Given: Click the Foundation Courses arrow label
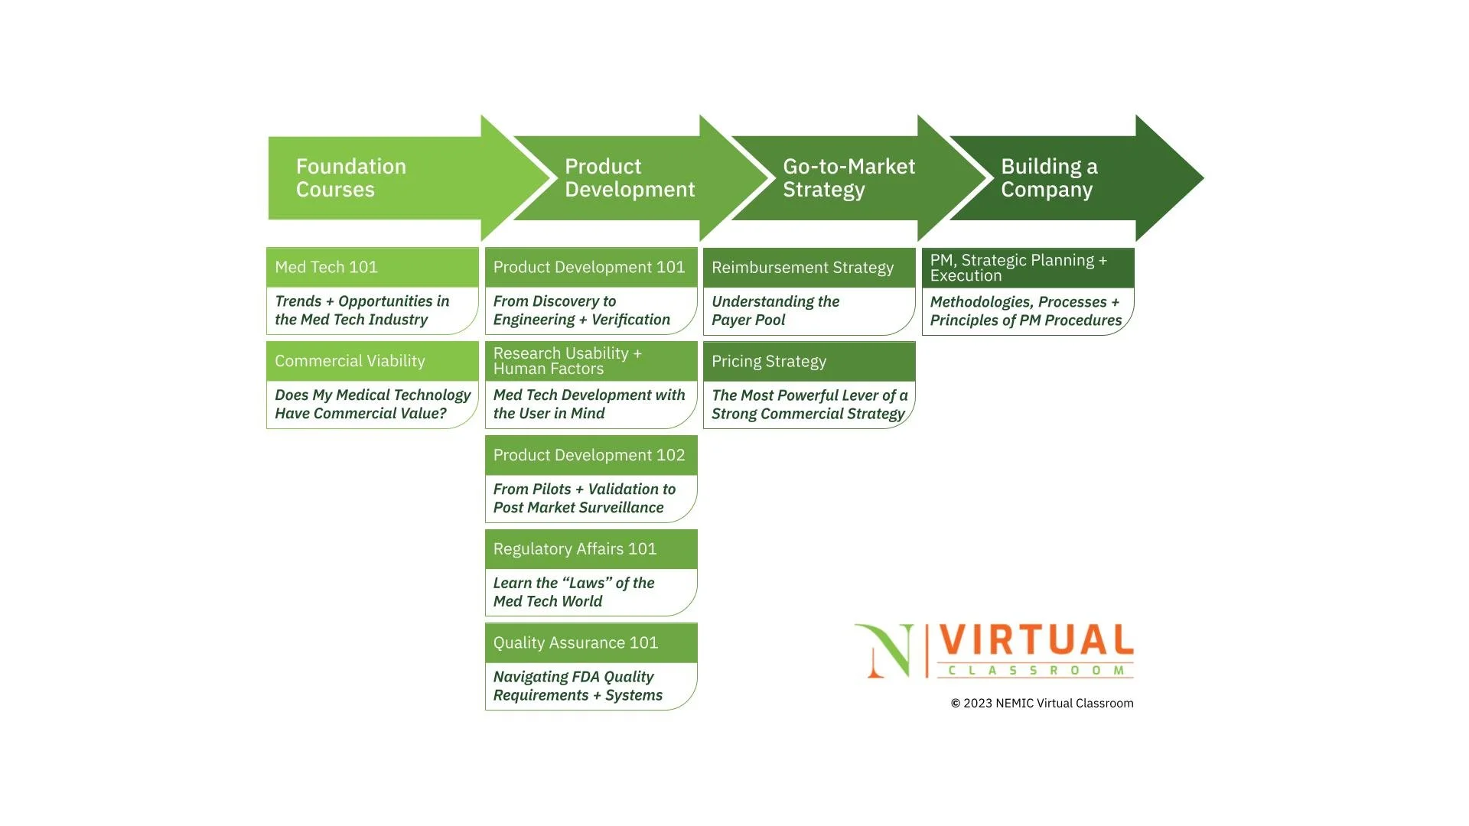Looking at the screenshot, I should tap(351, 178).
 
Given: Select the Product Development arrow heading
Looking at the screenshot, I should tap(629, 178).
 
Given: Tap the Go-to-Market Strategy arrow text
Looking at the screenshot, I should tap(849, 178).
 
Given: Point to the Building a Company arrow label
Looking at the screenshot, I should tap(1049, 178).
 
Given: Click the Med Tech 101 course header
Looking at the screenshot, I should tap(373, 268).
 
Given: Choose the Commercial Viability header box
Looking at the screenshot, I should tap(373, 361).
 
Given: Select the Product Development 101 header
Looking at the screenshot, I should tap(591, 268).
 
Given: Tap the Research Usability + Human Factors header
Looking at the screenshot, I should tap(591, 361).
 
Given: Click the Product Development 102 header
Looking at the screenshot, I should tap(591, 455).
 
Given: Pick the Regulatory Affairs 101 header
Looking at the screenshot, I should tap(591, 549).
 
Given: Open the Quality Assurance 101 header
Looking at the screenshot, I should tap(591, 643).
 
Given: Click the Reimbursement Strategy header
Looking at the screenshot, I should tap(809, 268).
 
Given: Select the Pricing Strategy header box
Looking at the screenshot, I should tap(809, 362).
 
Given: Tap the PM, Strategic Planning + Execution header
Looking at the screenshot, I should tap(1028, 268).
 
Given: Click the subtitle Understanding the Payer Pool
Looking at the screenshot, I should tap(775, 311).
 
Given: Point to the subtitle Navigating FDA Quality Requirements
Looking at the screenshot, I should tap(578, 686).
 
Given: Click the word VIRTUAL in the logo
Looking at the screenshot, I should tap(1036, 640).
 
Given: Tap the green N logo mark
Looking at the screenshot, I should tap(886, 651).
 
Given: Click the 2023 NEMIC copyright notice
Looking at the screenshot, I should tap(1041, 704).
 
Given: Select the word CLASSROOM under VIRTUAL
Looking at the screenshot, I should tap(1036, 671).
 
